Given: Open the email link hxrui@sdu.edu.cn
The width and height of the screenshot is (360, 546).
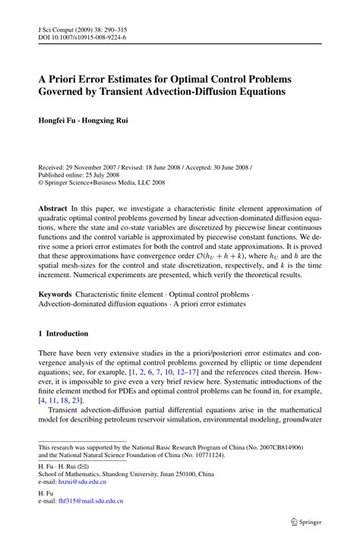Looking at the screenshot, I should [x=83, y=481].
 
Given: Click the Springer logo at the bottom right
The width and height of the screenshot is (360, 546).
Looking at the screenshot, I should [x=313, y=522].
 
